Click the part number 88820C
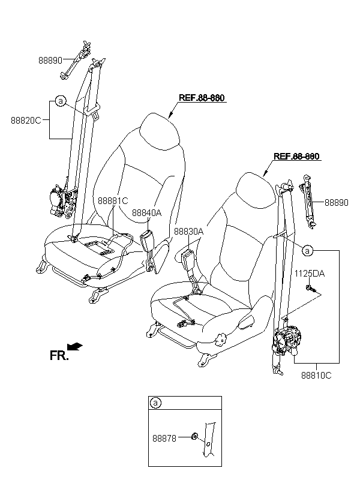(25, 120)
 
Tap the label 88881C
(112, 201)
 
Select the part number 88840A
(147, 212)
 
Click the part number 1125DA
(309, 274)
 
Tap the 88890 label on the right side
(336, 203)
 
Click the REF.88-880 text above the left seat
(202, 98)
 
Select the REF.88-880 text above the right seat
(296, 157)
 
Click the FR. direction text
(59, 355)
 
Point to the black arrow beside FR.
(76, 346)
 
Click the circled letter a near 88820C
(61, 101)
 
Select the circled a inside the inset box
(155, 403)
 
